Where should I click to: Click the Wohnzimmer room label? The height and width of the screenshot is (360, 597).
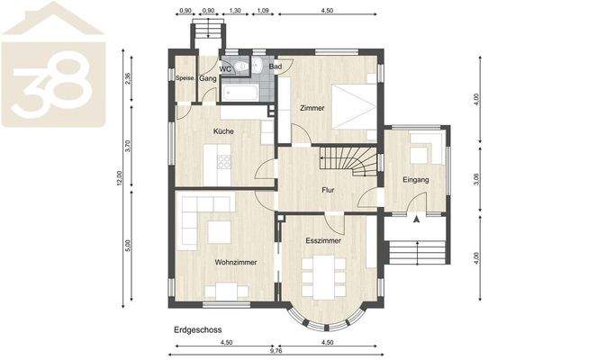coord(236,263)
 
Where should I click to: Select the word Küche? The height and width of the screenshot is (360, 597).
coord(223,132)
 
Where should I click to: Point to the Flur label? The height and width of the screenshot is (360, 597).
coord(329,191)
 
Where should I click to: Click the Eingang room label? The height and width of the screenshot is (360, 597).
coord(416,180)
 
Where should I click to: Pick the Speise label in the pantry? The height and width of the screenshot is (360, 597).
coord(185,78)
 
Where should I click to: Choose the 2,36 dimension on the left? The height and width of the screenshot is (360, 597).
coord(130,79)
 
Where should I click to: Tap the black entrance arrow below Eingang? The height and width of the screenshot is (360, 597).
coord(416,217)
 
